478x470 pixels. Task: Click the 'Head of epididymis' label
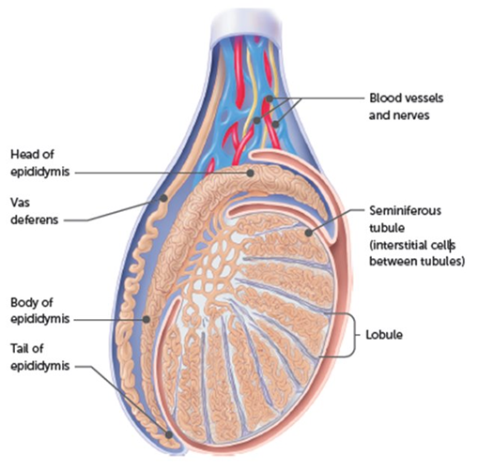tap(40, 163)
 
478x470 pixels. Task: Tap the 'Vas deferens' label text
tap(35, 211)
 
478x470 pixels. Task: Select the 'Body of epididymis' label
tap(40, 311)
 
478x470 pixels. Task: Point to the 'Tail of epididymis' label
tap(40, 357)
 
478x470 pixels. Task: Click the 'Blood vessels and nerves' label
tap(406, 107)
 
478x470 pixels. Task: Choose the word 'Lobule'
tap(384, 335)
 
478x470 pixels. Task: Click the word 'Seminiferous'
tap(405, 211)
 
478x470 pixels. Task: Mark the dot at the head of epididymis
tap(250, 173)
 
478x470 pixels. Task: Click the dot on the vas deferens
tap(163, 198)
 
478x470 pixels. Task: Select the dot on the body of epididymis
tap(146, 319)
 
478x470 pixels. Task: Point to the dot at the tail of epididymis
tap(169, 434)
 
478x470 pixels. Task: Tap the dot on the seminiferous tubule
tap(309, 233)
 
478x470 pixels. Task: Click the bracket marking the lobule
tap(355, 335)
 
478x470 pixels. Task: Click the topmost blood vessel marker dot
tap(270, 99)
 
